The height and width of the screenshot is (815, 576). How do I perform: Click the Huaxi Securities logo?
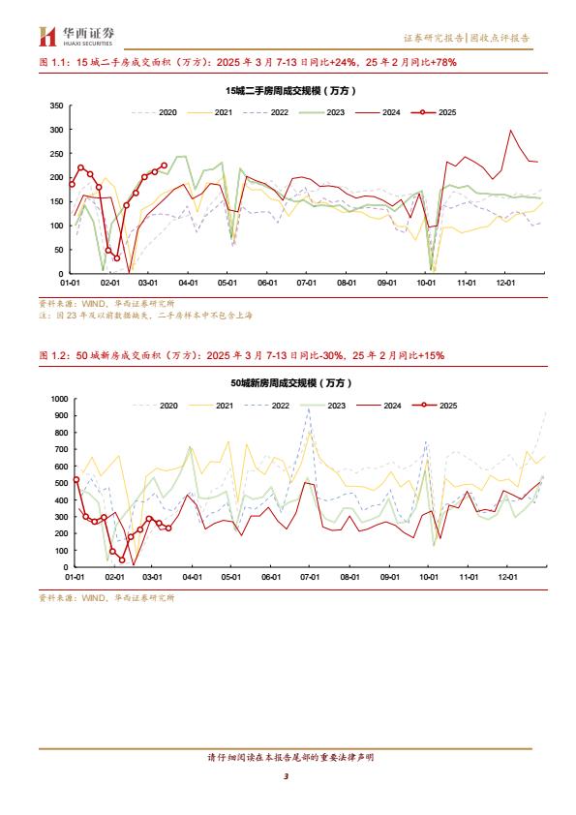(x=76, y=37)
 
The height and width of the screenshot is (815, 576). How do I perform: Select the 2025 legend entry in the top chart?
(x=434, y=112)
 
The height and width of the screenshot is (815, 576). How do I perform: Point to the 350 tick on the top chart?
(x=57, y=106)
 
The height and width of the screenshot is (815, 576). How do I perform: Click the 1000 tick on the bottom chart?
(x=59, y=399)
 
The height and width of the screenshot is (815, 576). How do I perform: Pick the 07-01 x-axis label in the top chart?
(x=307, y=283)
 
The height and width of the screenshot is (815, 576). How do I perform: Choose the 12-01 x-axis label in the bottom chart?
(x=507, y=577)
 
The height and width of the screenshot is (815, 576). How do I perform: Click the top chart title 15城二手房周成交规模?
(x=290, y=90)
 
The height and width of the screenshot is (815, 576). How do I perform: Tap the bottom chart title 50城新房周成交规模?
(x=291, y=383)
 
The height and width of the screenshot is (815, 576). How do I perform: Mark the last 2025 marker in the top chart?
(x=165, y=166)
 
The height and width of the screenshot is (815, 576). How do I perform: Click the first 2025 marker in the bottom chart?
(x=76, y=480)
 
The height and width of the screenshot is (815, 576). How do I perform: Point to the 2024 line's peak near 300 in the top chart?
(x=510, y=130)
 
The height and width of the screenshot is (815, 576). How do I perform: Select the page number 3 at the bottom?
(x=286, y=776)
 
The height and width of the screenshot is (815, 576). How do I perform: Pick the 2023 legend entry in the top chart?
(x=321, y=112)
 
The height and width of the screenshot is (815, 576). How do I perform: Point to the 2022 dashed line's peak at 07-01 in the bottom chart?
(x=309, y=408)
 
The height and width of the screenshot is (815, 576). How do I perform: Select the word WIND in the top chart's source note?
(x=94, y=304)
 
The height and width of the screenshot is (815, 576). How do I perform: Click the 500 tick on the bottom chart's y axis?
(x=61, y=483)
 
